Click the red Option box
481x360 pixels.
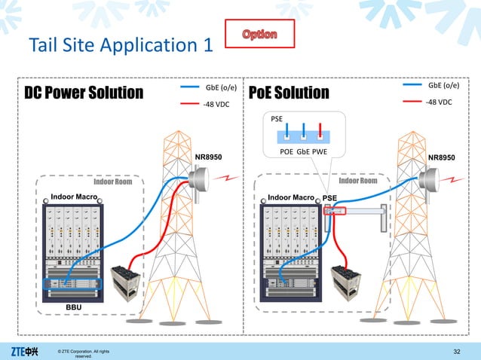tap(259, 35)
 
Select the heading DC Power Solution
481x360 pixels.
tap(84, 93)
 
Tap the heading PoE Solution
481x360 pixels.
tap(294, 93)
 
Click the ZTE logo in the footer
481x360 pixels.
tap(27, 351)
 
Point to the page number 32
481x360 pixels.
tap(456, 351)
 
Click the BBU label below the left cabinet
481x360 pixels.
tap(73, 308)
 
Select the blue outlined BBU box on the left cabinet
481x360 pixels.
tap(72, 285)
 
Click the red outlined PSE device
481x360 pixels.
tap(335, 211)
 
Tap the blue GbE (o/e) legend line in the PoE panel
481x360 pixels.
tap(412, 86)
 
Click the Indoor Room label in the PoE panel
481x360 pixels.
tap(359, 181)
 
